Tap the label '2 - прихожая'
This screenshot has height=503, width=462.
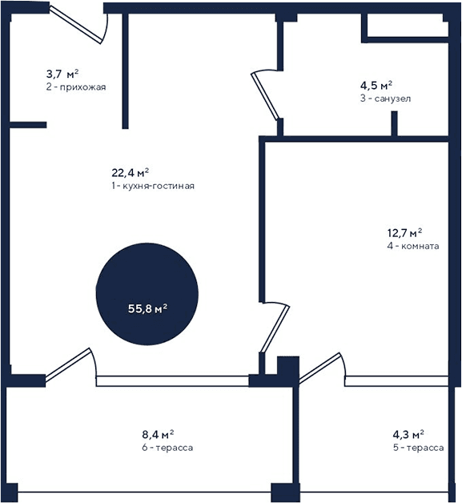click(76, 87)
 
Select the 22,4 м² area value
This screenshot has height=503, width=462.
click(131, 172)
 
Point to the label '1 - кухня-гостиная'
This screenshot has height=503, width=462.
click(153, 185)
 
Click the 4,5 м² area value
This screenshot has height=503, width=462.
click(376, 85)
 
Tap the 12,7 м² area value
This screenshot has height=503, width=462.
click(405, 233)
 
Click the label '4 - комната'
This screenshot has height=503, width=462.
click(412, 247)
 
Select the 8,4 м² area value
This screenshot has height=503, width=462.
click(158, 435)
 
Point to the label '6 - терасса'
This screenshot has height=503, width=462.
click(167, 448)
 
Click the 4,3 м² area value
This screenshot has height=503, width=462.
click(408, 435)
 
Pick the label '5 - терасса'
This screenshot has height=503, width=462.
click(418, 448)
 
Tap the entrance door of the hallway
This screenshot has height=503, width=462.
click(80, 22)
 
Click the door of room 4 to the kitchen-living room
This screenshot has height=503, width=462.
click(274, 328)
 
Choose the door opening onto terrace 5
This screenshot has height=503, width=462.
click(322, 366)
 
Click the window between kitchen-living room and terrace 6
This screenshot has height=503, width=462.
click(172, 380)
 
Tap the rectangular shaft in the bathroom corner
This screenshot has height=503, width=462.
click(404, 27)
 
